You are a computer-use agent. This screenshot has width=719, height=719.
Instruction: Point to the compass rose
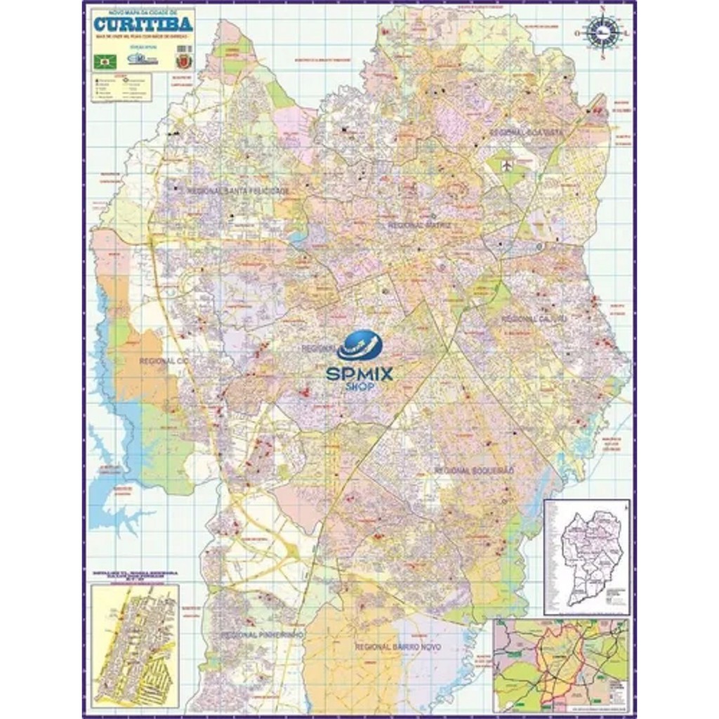tap(602, 32)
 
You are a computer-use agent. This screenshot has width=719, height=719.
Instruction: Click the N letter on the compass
tap(602, 9)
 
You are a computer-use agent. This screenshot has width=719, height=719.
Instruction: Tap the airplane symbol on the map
tap(507, 166)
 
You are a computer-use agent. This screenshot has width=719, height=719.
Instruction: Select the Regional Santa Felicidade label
tap(238, 190)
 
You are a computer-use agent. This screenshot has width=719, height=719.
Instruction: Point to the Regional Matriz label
tap(419, 225)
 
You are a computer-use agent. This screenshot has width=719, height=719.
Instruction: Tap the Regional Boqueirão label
tap(475, 470)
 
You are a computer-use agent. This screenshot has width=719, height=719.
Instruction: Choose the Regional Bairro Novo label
tap(397, 647)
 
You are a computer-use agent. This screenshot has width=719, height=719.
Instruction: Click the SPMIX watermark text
tap(359, 374)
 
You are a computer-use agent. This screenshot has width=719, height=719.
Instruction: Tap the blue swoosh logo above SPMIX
tap(359, 347)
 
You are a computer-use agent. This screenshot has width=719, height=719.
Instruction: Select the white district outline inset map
tap(587, 557)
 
